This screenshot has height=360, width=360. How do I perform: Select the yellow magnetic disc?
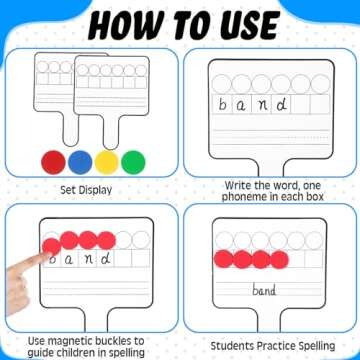point(107,160)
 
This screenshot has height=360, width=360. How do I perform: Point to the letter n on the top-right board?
point(263,104)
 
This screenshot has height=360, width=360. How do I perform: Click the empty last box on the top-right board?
point(318,103)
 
